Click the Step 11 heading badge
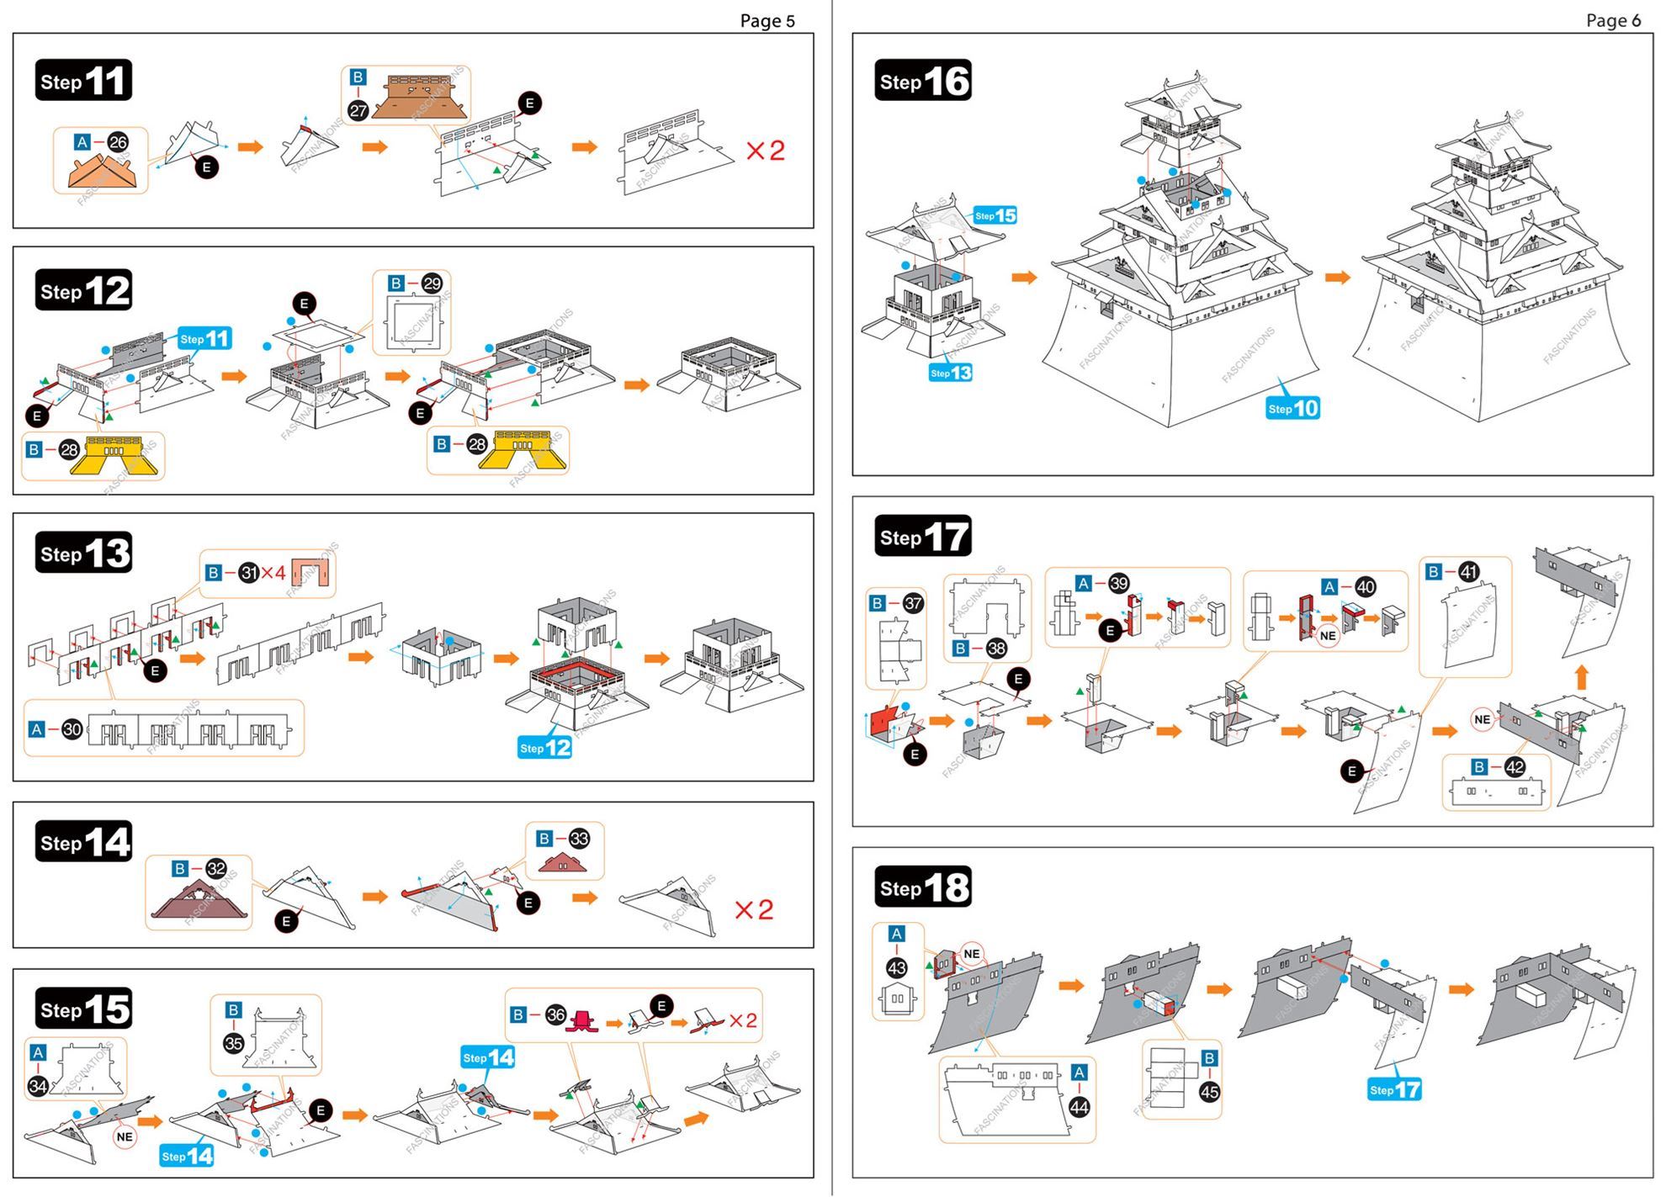tap(83, 81)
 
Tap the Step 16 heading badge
tap(923, 81)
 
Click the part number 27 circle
tap(358, 110)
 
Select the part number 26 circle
tap(118, 142)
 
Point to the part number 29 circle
tap(432, 283)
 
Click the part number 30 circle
tap(72, 729)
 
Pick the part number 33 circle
tap(579, 839)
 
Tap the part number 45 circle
tap(1209, 1092)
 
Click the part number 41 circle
tap(1468, 572)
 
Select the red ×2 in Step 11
tap(765, 151)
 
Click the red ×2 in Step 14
tap(754, 909)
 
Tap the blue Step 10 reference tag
tap(1293, 408)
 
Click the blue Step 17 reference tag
tap(1394, 1089)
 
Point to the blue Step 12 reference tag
tap(545, 747)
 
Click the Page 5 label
tap(767, 21)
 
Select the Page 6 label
tap(1613, 21)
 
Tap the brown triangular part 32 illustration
tap(199, 901)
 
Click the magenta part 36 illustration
tap(581, 1020)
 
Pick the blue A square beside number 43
tap(897, 934)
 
